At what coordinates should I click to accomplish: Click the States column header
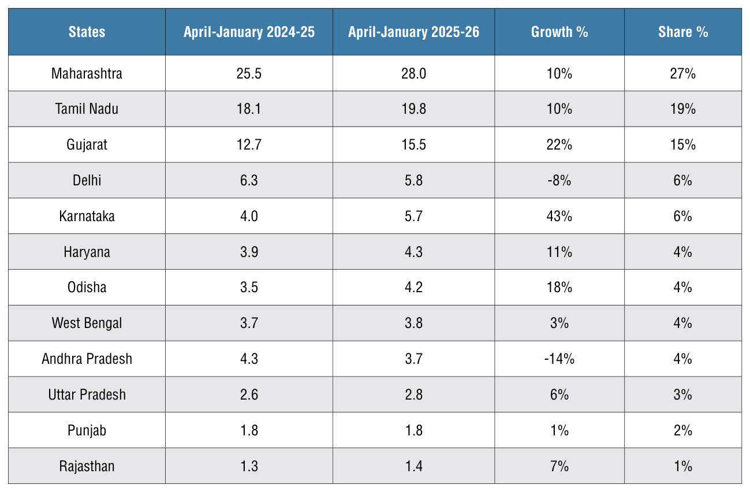87,32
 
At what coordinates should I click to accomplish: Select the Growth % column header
559,32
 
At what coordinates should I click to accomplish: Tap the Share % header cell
682,32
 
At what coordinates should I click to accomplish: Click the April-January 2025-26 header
413,32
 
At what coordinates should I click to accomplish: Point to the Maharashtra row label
87,73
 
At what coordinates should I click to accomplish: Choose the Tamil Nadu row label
87,109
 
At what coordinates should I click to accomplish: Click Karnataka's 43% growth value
559,216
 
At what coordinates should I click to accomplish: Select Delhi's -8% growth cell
559,180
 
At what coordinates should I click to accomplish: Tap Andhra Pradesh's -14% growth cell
559,359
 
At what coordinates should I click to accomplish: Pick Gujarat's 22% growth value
559,145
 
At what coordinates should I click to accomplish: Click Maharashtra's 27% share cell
682,73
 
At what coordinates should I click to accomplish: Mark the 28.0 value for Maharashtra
413,73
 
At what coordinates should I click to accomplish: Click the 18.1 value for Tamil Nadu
249,109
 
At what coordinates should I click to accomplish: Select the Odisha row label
87,288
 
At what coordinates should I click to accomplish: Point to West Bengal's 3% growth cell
559,323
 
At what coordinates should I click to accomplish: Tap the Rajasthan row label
87,466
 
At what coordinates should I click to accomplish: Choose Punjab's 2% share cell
682,430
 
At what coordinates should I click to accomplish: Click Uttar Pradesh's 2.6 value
249,394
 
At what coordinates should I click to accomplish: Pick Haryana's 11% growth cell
559,252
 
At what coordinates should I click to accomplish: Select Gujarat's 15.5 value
413,145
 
